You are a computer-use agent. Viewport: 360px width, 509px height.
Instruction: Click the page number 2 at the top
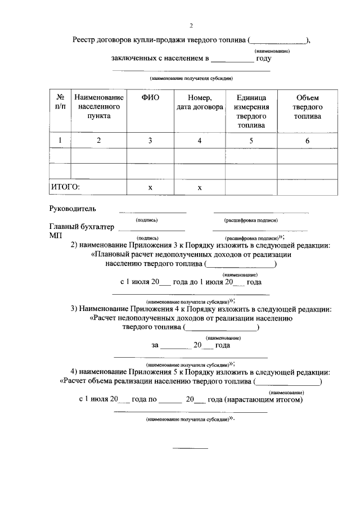pyautogui.click(x=191, y=25)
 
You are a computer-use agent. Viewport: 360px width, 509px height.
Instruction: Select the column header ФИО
pyautogui.click(x=150, y=97)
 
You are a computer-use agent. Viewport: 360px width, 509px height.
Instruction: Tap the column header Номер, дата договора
pyautogui.click(x=199, y=102)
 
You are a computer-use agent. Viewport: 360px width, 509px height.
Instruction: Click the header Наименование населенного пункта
pyautogui.click(x=98, y=106)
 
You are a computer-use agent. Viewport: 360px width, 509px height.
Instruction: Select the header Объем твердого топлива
pyautogui.click(x=308, y=106)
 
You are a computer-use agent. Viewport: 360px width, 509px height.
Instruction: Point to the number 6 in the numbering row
pyautogui.click(x=308, y=141)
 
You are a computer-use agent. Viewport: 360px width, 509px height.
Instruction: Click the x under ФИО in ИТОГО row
pyautogui.click(x=150, y=187)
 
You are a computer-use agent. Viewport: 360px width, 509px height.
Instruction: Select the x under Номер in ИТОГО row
pyautogui.click(x=199, y=187)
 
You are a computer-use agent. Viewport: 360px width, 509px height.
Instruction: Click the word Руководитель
pyautogui.click(x=73, y=209)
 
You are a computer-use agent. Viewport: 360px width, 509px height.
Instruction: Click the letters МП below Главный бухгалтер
pyautogui.click(x=55, y=236)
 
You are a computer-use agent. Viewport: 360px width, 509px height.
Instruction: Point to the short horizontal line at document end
pyautogui.click(x=190, y=448)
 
